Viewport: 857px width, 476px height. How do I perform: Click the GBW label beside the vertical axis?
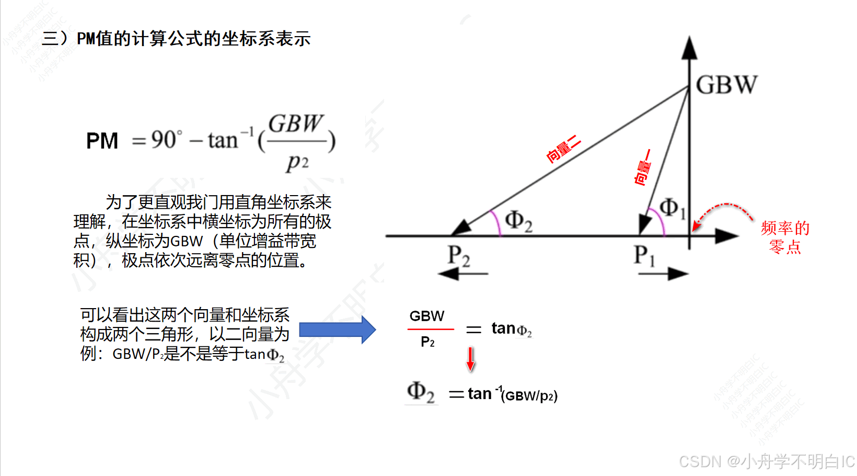[x=726, y=85]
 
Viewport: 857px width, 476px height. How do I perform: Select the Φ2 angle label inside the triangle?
[x=518, y=221]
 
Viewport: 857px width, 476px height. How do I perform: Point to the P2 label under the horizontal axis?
[x=458, y=256]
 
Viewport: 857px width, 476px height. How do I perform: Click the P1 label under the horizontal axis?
[x=644, y=255]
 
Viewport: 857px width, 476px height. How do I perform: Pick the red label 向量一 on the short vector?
[x=643, y=167]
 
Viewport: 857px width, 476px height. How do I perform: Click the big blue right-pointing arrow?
[x=338, y=330]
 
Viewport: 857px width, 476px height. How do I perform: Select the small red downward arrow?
[x=470, y=359]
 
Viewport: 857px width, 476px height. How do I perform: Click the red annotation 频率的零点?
[x=785, y=237]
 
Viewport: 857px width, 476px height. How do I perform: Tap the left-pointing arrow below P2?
[x=462, y=274]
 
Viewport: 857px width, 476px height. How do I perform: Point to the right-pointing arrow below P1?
[x=663, y=273]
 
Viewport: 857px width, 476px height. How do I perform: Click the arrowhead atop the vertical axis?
[x=689, y=48]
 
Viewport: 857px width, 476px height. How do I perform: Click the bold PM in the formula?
[x=102, y=141]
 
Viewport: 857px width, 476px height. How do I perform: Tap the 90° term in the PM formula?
[x=167, y=140]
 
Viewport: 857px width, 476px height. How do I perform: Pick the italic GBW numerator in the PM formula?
[x=295, y=124]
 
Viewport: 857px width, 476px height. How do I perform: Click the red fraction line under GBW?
[x=431, y=329]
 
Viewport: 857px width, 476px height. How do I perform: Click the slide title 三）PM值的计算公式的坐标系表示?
[x=177, y=39]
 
